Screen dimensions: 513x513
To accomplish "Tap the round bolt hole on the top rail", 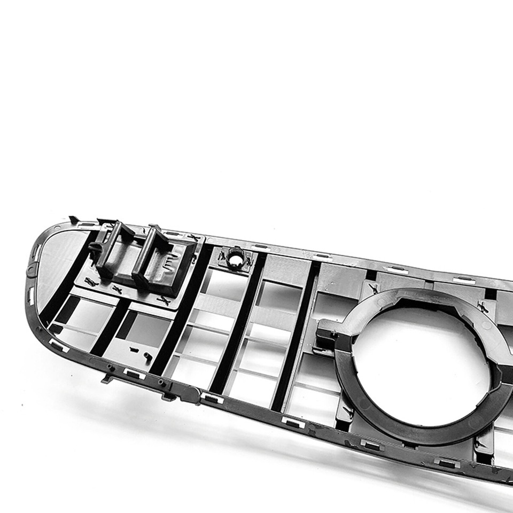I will pyautogui.click(x=235, y=259).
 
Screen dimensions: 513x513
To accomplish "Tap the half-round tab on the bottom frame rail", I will pyautogui.click(x=189, y=394).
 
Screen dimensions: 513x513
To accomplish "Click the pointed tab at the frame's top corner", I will pyautogui.click(x=73, y=219).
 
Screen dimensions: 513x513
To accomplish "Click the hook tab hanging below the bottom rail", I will pyautogui.click(x=107, y=379).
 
